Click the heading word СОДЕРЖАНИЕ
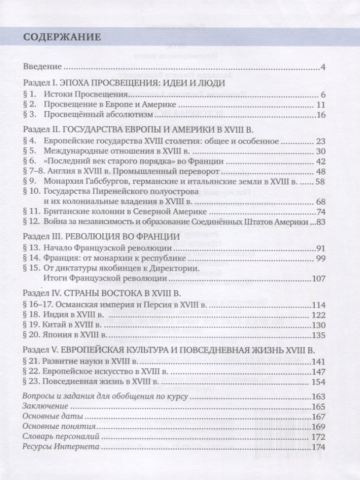62,37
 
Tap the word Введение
42,68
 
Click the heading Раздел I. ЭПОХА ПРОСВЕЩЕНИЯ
123,84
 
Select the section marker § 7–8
33,172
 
